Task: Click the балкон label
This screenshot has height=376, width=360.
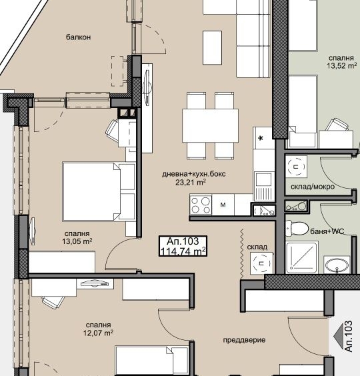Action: tap(78, 37)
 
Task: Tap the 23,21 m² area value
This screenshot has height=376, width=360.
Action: tap(191, 182)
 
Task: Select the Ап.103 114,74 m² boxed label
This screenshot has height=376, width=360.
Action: tap(183, 246)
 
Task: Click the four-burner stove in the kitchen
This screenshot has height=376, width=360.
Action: tap(201, 205)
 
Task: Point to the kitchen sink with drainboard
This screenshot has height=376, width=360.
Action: tap(264, 186)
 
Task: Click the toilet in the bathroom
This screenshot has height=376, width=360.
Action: tap(297, 228)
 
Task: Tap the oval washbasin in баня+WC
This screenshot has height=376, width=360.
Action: tap(337, 265)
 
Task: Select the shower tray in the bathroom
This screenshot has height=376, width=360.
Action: tap(302, 257)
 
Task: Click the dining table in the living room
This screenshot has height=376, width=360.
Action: tap(211, 125)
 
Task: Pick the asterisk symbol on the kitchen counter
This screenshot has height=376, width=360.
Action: tap(261, 139)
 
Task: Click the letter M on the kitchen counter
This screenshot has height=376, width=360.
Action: tap(223, 205)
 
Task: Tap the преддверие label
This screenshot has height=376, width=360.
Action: tap(244, 340)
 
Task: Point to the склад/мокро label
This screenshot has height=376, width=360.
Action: tap(313, 187)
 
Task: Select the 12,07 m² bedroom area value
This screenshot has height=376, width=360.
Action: tap(99, 333)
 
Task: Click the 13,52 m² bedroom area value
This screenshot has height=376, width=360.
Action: tap(342, 66)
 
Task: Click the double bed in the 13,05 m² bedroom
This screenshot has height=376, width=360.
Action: tap(99, 191)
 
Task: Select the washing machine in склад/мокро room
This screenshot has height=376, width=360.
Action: tap(296, 167)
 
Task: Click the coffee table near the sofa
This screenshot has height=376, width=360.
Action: tap(212, 47)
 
